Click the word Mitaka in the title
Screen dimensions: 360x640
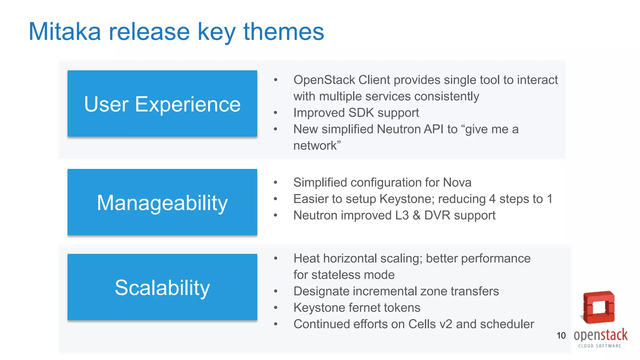coord(65,32)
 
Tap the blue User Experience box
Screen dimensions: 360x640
coord(162,104)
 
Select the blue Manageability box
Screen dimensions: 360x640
coord(162,202)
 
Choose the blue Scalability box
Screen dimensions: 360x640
coord(162,287)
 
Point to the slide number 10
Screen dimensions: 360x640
coord(561,336)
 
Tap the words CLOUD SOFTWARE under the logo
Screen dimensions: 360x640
coord(599,346)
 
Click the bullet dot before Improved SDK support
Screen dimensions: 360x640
coord(275,113)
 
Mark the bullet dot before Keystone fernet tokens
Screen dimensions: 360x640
coord(275,308)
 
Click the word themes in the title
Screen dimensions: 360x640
coord(283,32)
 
